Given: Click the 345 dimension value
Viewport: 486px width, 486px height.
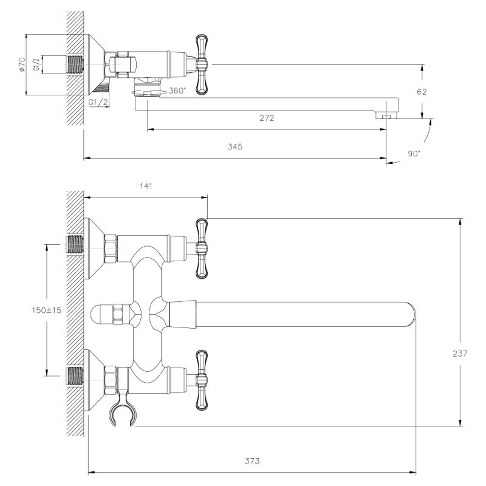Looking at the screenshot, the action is pyautogui.click(x=235, y=146).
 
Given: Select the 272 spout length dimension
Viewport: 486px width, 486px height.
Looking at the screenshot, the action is pyautogui.click(x=267, y=118).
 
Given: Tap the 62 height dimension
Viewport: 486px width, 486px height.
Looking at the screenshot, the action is pyautogui.click(x=422, y=92).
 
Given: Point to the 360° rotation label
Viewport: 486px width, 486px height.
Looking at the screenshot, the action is pyautogui.click(x=177, y=91).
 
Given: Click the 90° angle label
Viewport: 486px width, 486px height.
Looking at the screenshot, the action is pyautogui.click(x=414, y=154).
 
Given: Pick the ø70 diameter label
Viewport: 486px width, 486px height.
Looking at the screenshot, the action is pyautogui.click(x=22, y=64).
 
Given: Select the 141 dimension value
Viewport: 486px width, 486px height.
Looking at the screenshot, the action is pyautogui.click(x=146, y=186).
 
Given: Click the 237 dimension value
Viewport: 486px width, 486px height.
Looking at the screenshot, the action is pyautogui.click(x=460, y=354).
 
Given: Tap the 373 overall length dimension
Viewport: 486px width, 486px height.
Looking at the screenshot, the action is pyautogui.click(x=252, y=461).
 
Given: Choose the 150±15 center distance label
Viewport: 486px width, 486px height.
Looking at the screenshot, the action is pyautogui.click(x=47, y=310).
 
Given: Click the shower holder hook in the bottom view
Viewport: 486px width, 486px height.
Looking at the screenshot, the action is pyautogui.click(x=123, y=411).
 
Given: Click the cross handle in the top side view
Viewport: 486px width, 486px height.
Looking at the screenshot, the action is pyautogui.click(x=201, y=64).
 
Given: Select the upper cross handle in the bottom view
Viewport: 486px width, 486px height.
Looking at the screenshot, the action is pyautogui.click(x=202, y=248).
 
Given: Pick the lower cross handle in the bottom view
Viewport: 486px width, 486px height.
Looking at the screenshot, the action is pyautogui.click(x=202, y=380).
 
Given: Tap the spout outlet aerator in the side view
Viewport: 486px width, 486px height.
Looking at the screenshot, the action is pyautogui.click(x=386, y=115).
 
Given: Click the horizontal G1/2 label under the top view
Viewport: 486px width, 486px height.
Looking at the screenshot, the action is pyautogui.click(x=98, y=102).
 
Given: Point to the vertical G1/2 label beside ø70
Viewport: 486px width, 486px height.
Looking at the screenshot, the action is pyautogui.click(x=36, y=64).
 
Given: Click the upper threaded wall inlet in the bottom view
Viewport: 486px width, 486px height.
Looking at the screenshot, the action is pyautogui.click(x=75, y=244).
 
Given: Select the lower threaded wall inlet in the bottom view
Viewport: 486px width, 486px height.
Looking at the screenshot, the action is pyautogui.click(x=75, y=376).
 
